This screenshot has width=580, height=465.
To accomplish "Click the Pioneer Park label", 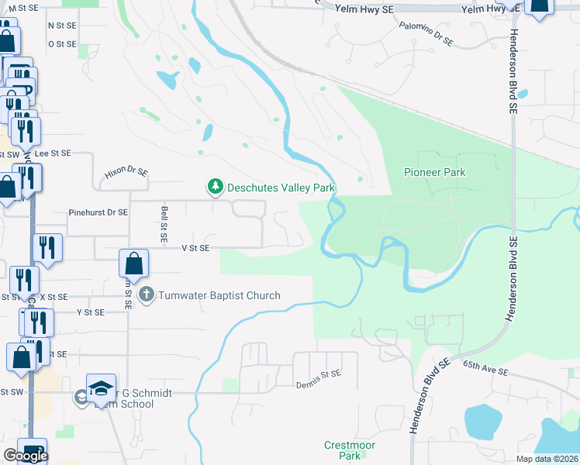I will click(x=435, y=172).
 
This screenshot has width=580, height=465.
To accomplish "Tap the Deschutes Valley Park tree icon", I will click(x=214, y=187).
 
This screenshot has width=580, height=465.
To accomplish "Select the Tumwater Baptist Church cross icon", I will click(x=147, y=295).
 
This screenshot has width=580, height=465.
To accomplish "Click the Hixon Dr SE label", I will click(x=126, y=173).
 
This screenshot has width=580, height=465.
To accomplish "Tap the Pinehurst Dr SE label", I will click(x=98, y=212).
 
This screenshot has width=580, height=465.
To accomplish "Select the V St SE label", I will click(x=195, y=248).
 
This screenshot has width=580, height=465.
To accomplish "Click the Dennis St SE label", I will click(x=318, y=374).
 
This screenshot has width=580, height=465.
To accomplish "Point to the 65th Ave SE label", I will click(x=485, y=367).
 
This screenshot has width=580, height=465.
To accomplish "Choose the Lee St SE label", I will click(x=53, y=153).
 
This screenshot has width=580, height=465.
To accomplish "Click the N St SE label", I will click(x=62, y=25).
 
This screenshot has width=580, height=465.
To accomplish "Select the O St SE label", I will click(x=62, y=44).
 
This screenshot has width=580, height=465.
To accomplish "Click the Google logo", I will click(x=26, y=456).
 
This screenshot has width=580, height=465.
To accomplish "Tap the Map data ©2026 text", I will click(x=547, y=459).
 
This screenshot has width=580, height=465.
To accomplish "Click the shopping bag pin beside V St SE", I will click(x=134, y=263).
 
